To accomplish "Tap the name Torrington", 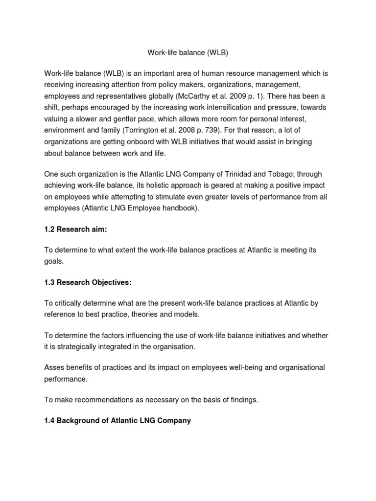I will [x=135, y=130].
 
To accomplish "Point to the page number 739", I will [x=202, y=130].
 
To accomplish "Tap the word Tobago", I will [x=276, y=175].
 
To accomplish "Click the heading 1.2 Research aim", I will [x=74, y=229].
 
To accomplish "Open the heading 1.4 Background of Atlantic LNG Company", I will [x=117, y=420].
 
